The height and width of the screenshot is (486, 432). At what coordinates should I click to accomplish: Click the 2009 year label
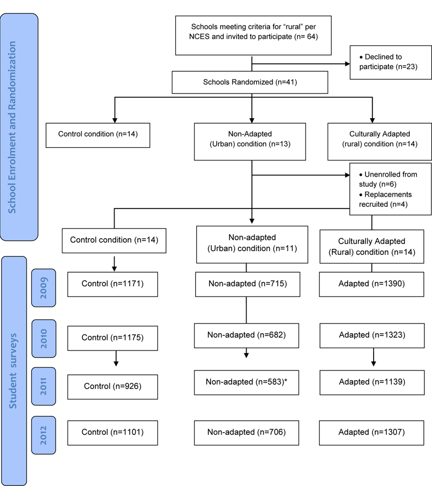43,288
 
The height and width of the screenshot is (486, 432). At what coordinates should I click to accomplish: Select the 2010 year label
44,339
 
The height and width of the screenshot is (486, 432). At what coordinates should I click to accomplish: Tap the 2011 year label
43,386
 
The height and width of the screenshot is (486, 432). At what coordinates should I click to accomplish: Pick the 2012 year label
43,435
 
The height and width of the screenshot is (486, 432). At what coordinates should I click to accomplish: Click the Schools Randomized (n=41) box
250,83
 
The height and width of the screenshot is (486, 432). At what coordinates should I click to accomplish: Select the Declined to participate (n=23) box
391,62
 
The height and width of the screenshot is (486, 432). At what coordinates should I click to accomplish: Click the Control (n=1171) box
112,284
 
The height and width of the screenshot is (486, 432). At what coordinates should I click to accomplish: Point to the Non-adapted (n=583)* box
247,382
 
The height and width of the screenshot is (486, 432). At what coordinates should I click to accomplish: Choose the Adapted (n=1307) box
371,433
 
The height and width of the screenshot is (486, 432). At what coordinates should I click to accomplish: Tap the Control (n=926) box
112,387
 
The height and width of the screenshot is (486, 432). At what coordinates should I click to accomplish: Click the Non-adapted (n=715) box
248,284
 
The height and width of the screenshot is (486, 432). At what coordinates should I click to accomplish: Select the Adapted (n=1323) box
372,336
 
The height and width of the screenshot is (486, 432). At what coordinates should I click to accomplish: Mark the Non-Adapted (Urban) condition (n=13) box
250,141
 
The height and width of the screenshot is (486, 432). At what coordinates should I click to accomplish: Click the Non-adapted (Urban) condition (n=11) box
252,245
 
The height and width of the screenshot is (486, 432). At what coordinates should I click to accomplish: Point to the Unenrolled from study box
390,189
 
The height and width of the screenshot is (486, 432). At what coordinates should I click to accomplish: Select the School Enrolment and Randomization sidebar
19,127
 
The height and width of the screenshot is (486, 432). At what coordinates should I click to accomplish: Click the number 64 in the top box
311,37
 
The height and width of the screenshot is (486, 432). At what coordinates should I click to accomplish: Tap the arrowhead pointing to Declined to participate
348,64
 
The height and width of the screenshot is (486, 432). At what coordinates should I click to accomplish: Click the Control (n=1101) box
112,433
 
